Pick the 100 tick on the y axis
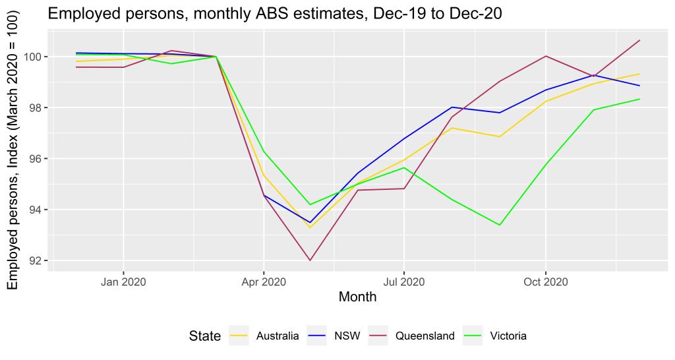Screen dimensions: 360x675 36,57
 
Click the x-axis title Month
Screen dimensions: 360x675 357,297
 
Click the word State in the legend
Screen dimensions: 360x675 204,336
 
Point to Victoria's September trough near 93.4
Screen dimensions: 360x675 500,225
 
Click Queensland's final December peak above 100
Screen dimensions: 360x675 639,40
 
